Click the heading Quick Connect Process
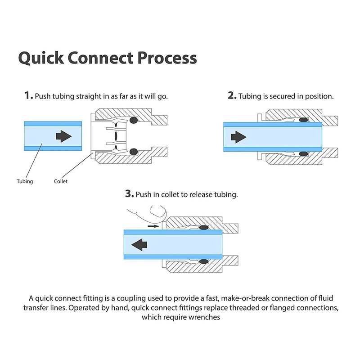coord(107,58)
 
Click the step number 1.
coord(28,96)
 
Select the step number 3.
coord(129,194)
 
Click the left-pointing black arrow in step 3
coord(138,243)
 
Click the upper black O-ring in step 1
coord(134,121)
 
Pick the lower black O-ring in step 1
coord(134,153)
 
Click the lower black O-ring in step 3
coord(202,261)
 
